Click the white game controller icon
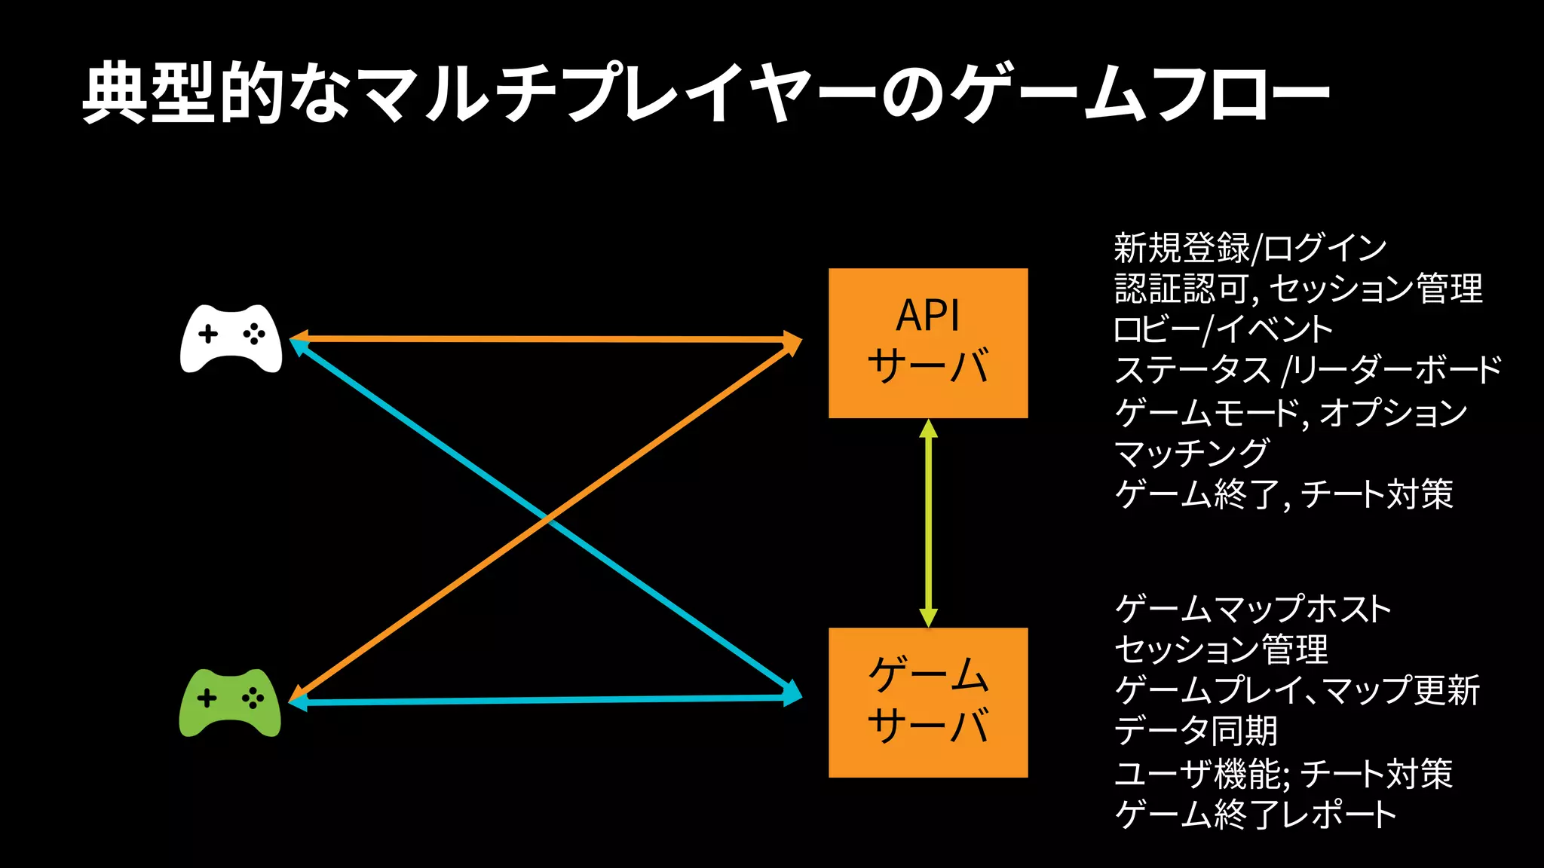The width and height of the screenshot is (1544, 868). click(231, 338)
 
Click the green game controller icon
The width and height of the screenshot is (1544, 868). click(230, 702)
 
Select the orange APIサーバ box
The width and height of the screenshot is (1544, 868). click(928, 343)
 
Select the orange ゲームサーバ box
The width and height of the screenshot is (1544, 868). click(928, 702)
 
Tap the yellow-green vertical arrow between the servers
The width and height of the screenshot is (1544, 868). click(928, 523)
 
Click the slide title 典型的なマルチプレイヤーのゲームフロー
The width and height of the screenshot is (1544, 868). click(706, 93)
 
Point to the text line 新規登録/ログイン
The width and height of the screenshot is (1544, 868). click(1250, 247)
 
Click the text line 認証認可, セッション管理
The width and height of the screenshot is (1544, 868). click(1298, 289)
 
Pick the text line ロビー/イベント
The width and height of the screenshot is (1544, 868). click(1223, 329)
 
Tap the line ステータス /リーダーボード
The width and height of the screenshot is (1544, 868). click(1307, 370)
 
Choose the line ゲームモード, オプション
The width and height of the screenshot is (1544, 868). click(1291, 411)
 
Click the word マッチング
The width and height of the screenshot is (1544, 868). click(1191, 453)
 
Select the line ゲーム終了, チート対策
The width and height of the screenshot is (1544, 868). click(1283, 494)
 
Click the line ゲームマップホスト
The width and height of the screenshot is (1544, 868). click(1252, 608)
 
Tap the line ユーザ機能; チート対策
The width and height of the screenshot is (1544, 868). click(1283, 773)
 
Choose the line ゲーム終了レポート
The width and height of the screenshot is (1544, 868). click(1255, 814)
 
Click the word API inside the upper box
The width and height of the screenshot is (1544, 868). click(927, 316)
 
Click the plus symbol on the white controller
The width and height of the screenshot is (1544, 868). click(208, 334)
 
